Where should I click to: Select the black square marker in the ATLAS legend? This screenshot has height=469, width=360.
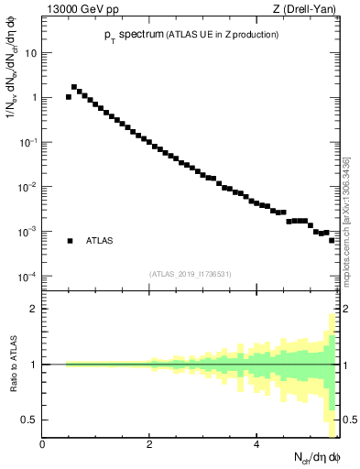pyautogui.click(x=70, y=241)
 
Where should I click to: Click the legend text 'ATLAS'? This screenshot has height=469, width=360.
pyautogui.click(x=100, y=241)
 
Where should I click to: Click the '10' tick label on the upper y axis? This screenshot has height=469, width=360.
pyautogui.click(x=30, y=52)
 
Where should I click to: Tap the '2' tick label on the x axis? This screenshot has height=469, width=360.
pyautogui.click(x=149, y=444)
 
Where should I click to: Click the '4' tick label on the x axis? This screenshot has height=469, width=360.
pyautogui.click(x=256, y=444)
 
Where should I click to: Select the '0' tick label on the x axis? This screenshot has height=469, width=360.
pyautogui.click(x=42, y=444)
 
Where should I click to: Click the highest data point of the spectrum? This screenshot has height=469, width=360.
pyautogui.click(x=74, y=87)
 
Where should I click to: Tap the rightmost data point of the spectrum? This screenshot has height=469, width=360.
pyautogui.click(x=332, y=240)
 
